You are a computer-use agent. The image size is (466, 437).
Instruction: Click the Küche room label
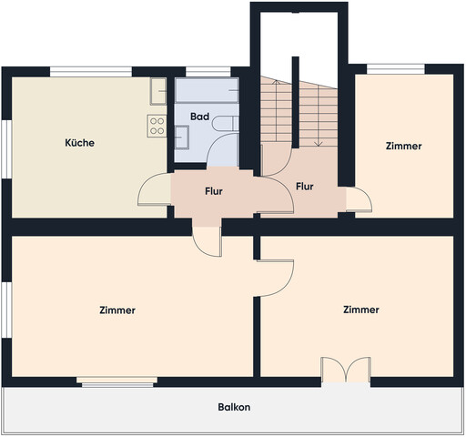(79, 143)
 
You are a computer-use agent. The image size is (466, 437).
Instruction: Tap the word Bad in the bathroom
(199, 117)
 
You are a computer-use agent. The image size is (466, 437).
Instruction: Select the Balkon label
(234, 407)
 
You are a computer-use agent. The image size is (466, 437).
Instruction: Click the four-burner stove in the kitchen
(157, 126)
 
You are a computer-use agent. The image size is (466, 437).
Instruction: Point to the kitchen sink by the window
(158, 91)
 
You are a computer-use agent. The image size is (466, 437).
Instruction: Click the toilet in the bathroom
(225, 124)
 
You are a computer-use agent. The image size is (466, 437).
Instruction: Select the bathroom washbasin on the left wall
(182, 137)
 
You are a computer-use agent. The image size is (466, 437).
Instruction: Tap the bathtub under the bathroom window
(207, 90)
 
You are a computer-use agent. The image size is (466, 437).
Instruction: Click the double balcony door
(346, 370)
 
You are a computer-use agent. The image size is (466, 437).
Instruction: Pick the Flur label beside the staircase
(305, 187)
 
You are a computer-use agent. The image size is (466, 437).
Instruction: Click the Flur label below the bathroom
(214, 191)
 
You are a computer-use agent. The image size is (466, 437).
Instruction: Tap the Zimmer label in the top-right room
(403, 146)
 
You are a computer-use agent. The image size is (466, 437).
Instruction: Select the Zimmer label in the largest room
(117, 310)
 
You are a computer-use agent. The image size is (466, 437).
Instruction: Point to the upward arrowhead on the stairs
(277, 82)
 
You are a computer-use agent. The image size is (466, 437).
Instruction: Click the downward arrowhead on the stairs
(319, 144)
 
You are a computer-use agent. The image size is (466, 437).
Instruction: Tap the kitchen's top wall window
(91, 72)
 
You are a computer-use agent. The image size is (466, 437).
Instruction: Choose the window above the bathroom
(208, 72)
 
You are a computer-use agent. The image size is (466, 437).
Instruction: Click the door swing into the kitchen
(154, 189)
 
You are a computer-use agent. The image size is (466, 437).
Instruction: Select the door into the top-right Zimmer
(359, 199)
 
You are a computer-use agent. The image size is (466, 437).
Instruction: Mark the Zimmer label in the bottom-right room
(361, 310)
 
